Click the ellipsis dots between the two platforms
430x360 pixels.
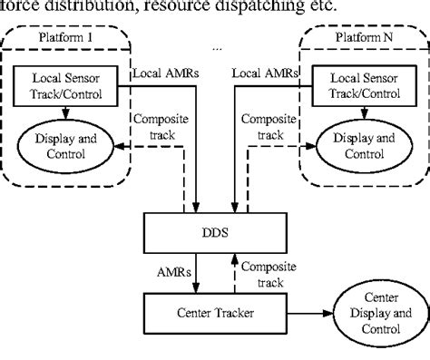pyautogui.click(x=216, y=45)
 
